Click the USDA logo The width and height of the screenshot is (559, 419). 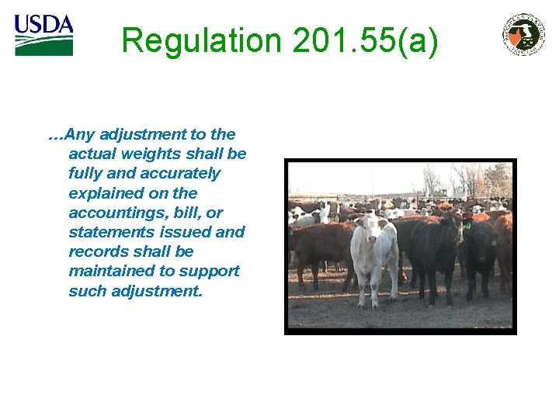click(43, 35)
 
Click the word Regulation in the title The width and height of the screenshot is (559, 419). click(201, 40)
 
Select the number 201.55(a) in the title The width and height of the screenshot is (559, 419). click(366, 40)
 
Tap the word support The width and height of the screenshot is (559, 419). click(210, 271)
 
